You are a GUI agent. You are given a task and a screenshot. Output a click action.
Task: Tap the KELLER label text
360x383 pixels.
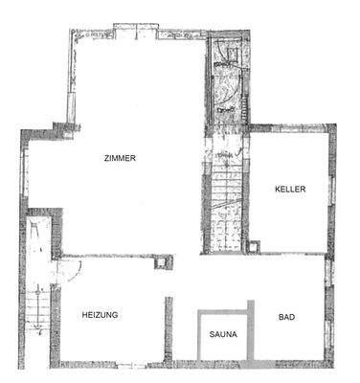[x=289, y=189]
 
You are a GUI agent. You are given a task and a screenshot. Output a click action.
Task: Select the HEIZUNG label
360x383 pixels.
[x=100, y=315]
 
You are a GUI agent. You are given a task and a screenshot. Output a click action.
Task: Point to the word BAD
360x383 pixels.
[x=286, y=317]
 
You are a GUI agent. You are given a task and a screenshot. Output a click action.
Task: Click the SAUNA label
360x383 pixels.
[x=224, y=336]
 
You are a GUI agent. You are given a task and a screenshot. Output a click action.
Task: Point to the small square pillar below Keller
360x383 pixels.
[x=254, y=247]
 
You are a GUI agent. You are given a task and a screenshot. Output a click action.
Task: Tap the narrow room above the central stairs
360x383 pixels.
[x=225, y=86]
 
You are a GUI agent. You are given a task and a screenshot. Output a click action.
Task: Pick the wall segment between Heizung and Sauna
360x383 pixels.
[x=170, y=330]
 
